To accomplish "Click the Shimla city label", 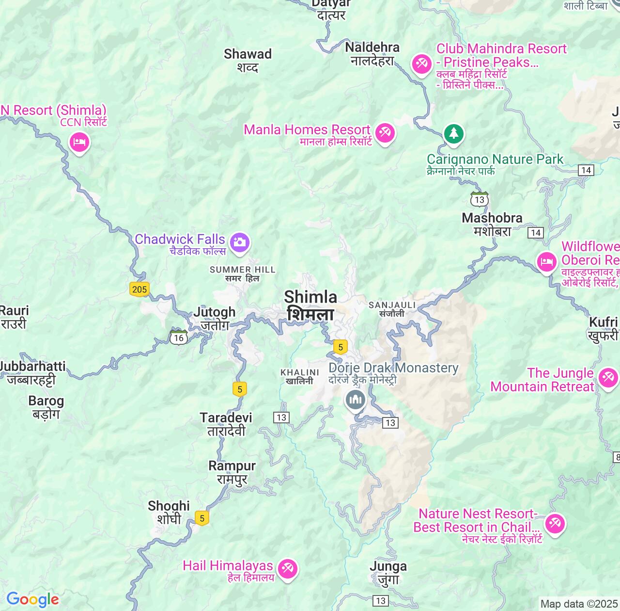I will [310, 305].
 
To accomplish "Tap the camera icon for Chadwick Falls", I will [239, 242].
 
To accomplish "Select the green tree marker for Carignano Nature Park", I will [453, 133].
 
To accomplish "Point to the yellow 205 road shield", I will [139, 289].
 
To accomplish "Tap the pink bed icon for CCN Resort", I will [79, 143].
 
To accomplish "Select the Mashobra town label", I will [492, 225].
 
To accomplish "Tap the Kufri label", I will [604, 328].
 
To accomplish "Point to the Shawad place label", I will [248, 60].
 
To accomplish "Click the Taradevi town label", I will [226, 424].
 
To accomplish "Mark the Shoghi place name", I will [169, 512].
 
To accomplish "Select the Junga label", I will [388, 573].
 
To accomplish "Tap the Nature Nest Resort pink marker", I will [555, 523].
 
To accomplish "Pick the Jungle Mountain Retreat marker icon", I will [608, 377].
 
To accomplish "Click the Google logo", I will [32, 599].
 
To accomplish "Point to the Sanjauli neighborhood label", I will [392, 309].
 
